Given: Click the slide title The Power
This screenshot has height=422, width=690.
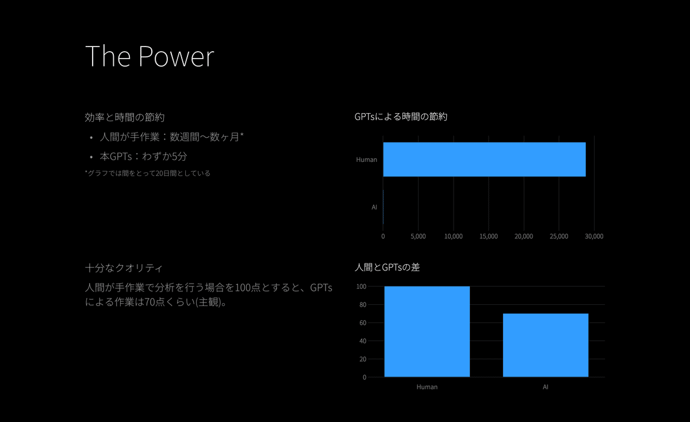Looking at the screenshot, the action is [x=149, y=56].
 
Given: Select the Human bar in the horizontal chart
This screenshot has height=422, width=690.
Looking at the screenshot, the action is [x=484, y=160].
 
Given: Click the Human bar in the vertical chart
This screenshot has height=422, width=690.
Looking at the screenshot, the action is [x=427, y=332].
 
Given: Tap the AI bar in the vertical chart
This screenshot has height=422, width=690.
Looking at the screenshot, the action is [x=546, y=345].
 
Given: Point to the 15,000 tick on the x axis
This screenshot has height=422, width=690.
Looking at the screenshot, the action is [x=489, y=236].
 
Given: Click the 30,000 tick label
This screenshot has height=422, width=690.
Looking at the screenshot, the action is [x=594, y=236].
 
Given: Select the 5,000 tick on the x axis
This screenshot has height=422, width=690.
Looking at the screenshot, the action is [x=418, y=236].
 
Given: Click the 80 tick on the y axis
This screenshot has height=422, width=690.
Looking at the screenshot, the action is [x=363, y=304].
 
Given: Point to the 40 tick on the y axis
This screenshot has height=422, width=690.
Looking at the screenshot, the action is [x=363, y=341].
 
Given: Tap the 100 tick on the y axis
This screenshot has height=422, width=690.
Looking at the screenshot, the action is [x=361, y=287].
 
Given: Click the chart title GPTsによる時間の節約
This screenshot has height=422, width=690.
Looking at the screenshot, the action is [x=401, y=117].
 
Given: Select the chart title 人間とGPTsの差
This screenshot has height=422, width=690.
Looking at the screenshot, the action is [x=387, y=267].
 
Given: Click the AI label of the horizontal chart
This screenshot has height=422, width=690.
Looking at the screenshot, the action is [x=374, y=207].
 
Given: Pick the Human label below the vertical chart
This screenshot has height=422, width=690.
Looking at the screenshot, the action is [x=427, y=387].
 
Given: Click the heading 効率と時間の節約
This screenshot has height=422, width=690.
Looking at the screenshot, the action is [x=124, y=117].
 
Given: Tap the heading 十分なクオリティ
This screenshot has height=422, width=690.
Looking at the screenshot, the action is [x=124, y=268].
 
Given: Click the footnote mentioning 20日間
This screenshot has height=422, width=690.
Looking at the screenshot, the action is [x=148, y=173].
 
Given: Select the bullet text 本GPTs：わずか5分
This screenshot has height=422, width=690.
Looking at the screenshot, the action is [x=143, y=157].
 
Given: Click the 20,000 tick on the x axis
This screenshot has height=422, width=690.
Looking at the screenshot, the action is [x=524, y=236].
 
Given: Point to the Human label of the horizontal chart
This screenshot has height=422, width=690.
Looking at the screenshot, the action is [x=367, y=160].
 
